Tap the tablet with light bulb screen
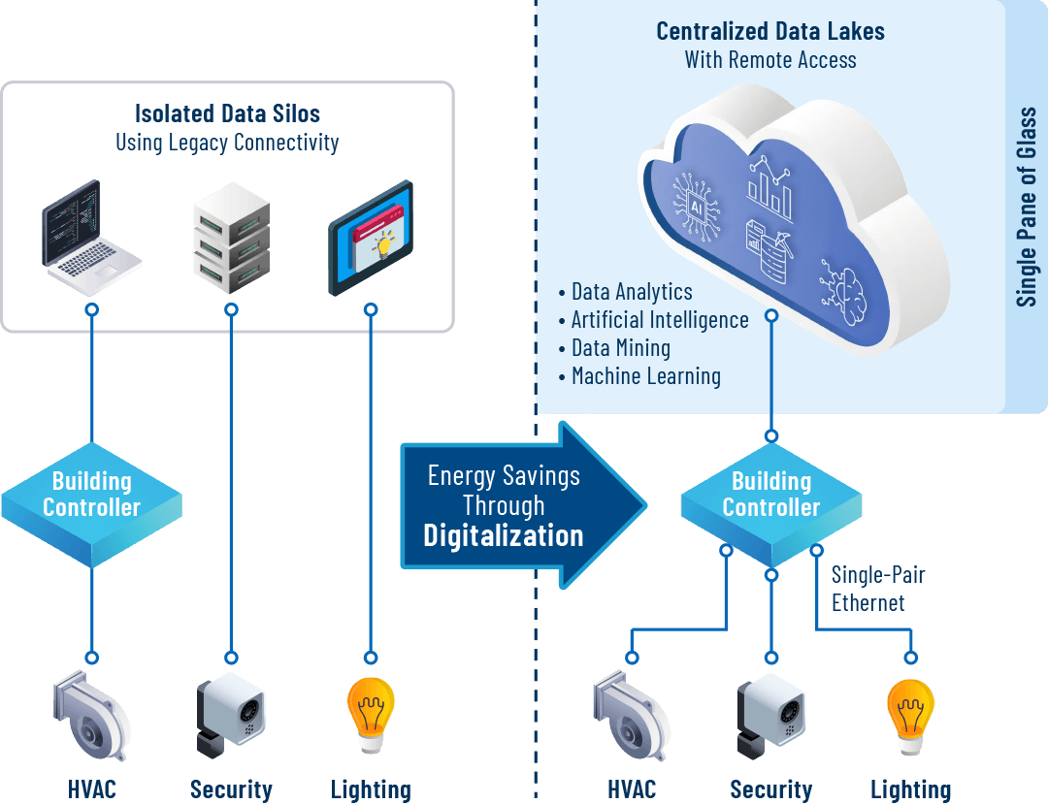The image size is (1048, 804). click(x=370, y=238)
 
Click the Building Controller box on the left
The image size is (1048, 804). click(x=91, y=496)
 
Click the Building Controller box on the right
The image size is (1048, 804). click(x=770, y=496)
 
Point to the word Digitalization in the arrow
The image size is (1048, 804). click(x=503, y=535)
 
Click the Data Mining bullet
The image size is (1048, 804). click(x=620, y=348)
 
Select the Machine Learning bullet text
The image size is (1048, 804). click(x=645, y=376)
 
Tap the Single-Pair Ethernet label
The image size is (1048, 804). click(x=877, y=589)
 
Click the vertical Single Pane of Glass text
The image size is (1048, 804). click(x=1027, y=208)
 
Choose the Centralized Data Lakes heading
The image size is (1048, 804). click(x=770, y=31)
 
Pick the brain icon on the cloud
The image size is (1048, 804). click(x=840, y=281)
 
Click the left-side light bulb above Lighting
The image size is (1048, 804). click(x=370, y=713)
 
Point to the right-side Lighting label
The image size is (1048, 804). click(x=910, y=789)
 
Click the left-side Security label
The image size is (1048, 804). click(x=231, y=789)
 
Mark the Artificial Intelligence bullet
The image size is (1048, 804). click(x=659, y=320)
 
